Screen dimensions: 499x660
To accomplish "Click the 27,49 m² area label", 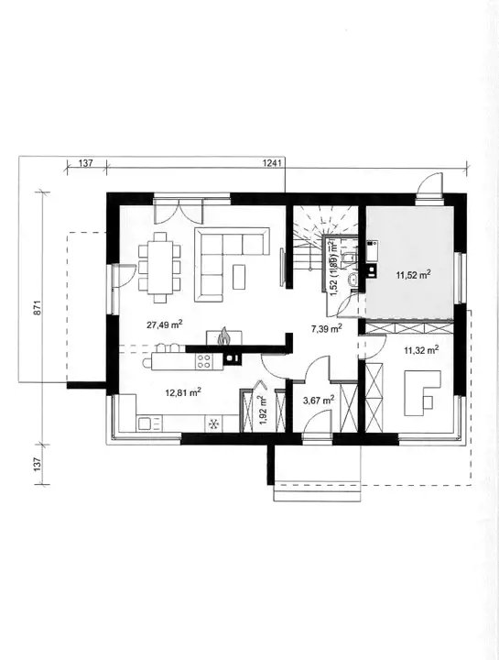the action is [164, 324].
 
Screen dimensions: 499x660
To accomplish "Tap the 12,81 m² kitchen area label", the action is [183, 392].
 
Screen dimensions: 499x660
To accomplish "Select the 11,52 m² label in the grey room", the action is [413, 275].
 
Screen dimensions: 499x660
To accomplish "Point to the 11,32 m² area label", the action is [422, 349].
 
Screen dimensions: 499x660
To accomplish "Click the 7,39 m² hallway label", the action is [326, 328].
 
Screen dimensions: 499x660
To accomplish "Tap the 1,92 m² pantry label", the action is [262, 410].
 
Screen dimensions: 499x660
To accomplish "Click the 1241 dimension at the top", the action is [272, 163].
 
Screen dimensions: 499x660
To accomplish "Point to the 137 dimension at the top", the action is [85, 163].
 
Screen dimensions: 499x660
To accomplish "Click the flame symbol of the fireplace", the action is [224, 335].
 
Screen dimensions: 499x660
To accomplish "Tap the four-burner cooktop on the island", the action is [204, 361].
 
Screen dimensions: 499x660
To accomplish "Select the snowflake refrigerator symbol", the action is [213, 424].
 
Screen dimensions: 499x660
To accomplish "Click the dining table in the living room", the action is [159, 267].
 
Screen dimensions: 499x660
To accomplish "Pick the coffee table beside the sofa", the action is [240, 277].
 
